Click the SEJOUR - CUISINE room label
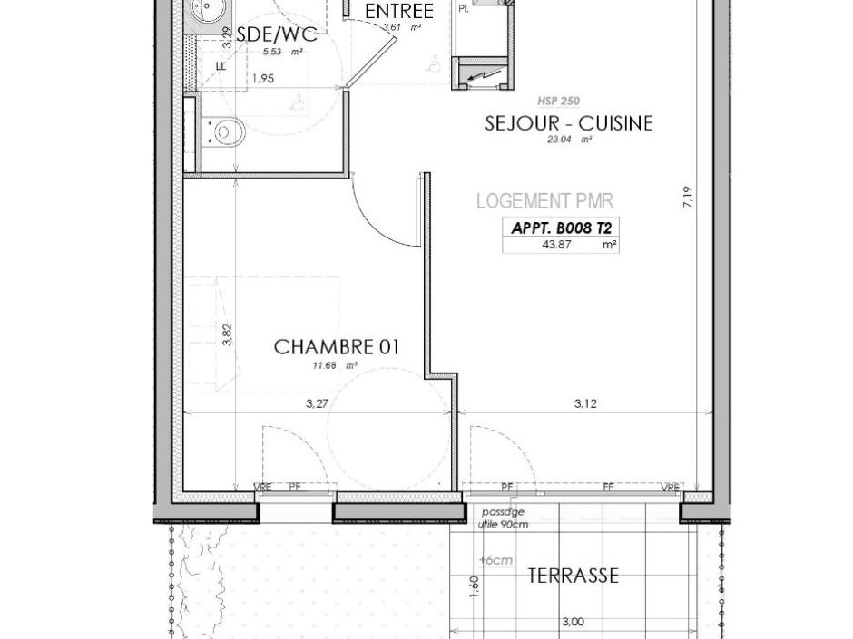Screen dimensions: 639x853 (568, 123)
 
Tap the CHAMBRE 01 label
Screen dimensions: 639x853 (336, 347)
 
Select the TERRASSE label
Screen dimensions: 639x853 (573, 576)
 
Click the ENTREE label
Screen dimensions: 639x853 (398, 12)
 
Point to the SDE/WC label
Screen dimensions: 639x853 (276, 35)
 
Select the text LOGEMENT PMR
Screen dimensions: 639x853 (544, 201)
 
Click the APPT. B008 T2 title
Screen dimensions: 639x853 (561, 228)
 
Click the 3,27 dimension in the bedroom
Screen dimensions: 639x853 (316, 404)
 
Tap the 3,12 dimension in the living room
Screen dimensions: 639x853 (585, 404)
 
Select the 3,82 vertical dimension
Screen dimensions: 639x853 (228, 334)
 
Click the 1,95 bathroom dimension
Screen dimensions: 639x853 (261, 79)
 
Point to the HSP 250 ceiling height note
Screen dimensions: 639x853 (559, 102)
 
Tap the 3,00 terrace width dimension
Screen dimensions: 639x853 (573, 622)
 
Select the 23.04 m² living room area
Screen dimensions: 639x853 (568, 140)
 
